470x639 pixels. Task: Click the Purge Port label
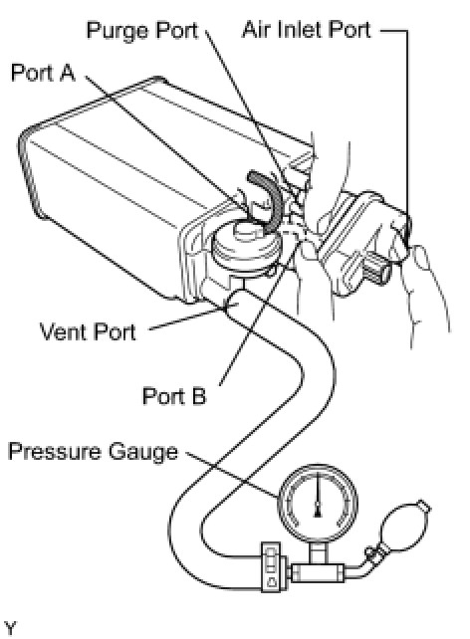142,30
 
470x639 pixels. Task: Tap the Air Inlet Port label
307,30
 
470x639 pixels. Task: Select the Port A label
43,73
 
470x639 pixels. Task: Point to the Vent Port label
88,331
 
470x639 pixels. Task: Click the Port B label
174,396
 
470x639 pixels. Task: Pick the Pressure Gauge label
93,451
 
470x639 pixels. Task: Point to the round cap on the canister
246,245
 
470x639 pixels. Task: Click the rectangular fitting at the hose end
271,566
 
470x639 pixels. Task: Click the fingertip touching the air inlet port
421,257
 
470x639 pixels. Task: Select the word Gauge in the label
143,452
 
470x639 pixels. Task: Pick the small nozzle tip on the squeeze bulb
424,507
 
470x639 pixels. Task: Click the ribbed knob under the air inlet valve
375,271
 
